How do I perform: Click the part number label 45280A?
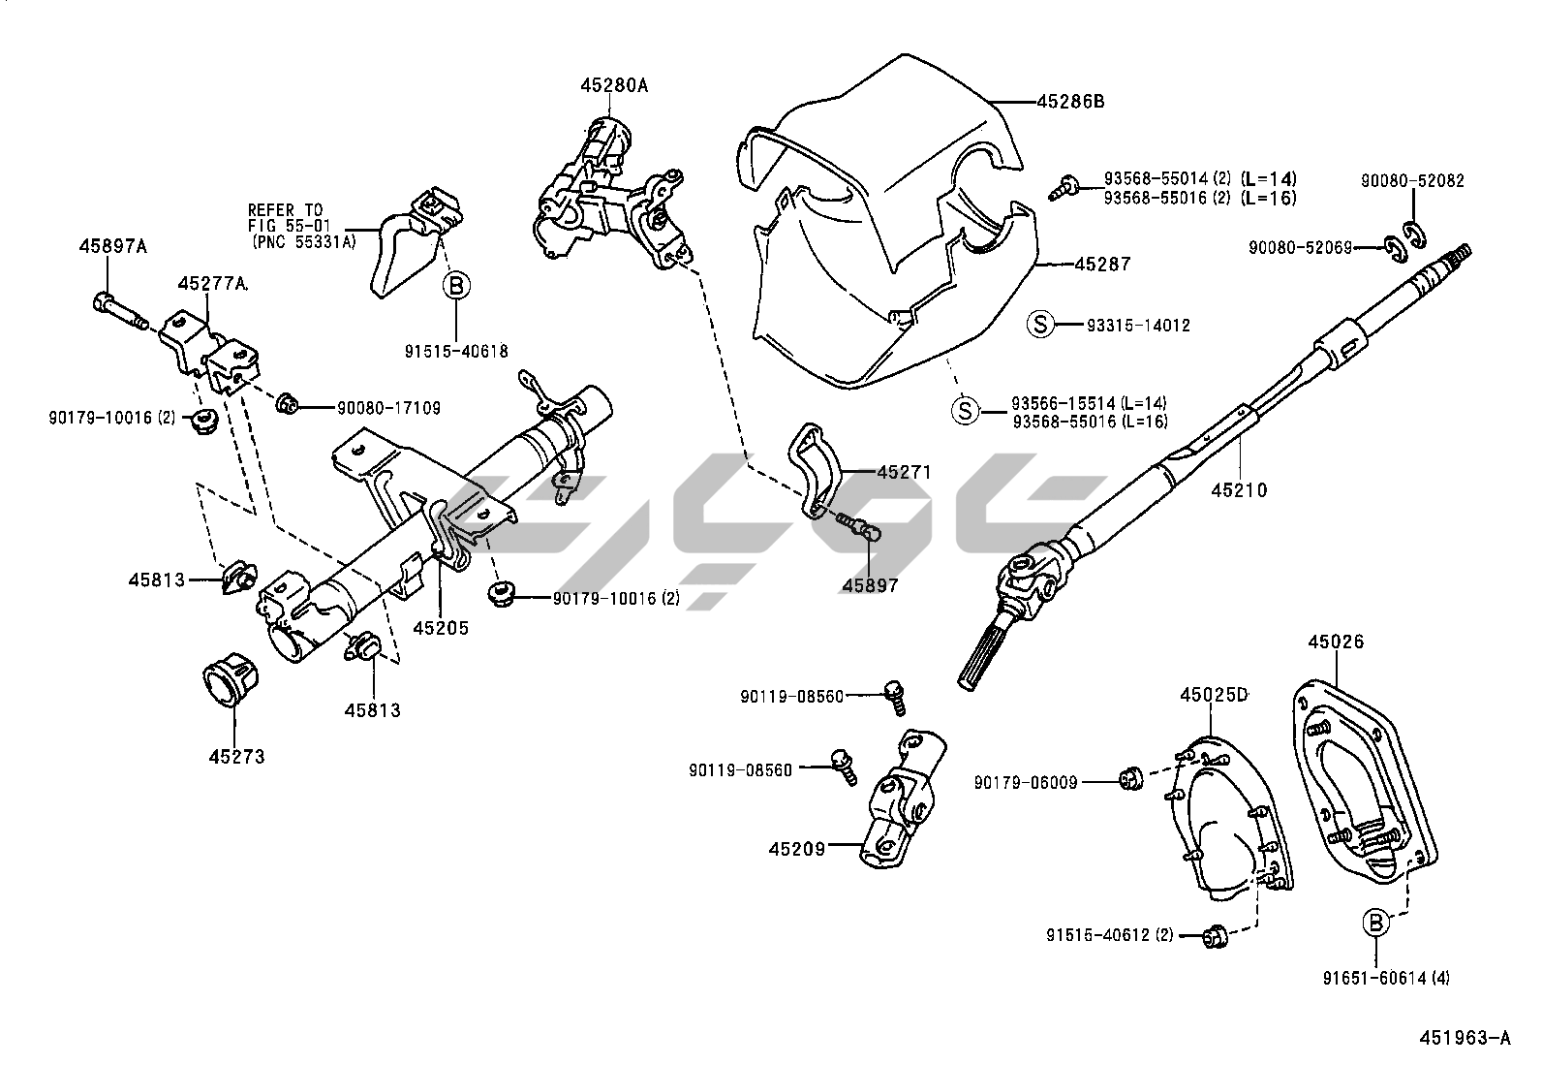click(613, 85)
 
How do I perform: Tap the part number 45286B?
click(1070, 101)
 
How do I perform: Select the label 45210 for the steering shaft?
click(1239, 490)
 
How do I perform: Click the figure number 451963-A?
click(1465, 1039)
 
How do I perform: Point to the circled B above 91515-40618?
click(456, 286)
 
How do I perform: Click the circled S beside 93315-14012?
click(1039, 325)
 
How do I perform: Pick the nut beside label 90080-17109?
click(287, 404)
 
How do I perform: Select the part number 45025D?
click(1214, 695)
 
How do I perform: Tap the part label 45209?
click(797, 849)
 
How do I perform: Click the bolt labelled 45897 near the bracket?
click(859, 529)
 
